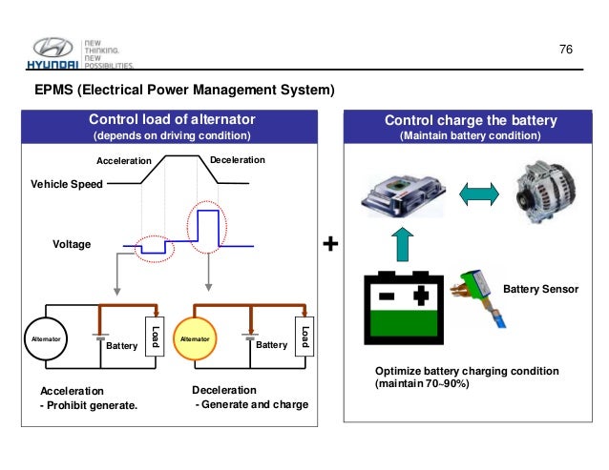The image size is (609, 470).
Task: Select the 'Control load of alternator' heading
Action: click(x=172, y=119)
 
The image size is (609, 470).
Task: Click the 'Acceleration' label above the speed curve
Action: click(x=123, y=160)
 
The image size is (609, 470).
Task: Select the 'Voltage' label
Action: click(x=71, y=245)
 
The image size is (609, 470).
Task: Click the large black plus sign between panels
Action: click(x=330, y=245)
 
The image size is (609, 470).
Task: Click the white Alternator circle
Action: click(x=47, y=337)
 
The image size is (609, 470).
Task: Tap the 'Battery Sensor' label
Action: click(x=540, y=288)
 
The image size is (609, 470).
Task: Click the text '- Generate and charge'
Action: click(x=251, y=405)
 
